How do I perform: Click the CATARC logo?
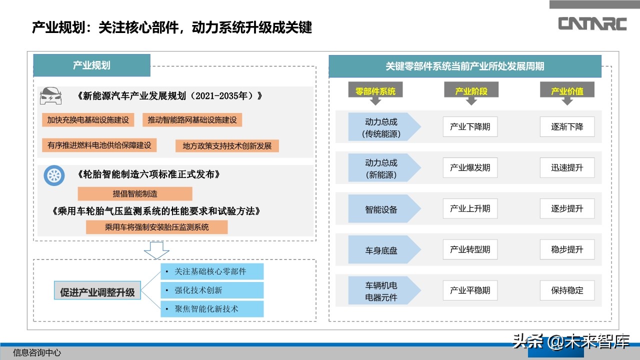592,23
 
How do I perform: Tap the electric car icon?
50,95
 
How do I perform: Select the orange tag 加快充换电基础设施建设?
88,120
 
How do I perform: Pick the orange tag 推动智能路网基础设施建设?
192,120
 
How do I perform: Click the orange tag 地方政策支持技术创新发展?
227,146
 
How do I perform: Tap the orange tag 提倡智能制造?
134,194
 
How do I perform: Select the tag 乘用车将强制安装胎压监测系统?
156,227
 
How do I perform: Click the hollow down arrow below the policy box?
156,250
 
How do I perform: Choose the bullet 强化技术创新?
212,290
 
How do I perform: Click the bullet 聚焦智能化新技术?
212,308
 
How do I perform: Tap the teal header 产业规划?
91,65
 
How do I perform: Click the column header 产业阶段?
470,91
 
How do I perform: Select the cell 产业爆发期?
470,167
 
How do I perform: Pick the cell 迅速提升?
567,167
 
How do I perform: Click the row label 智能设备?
381,209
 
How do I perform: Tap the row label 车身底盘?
381,250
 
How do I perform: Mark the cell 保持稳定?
567,290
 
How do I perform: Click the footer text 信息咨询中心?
37,352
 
